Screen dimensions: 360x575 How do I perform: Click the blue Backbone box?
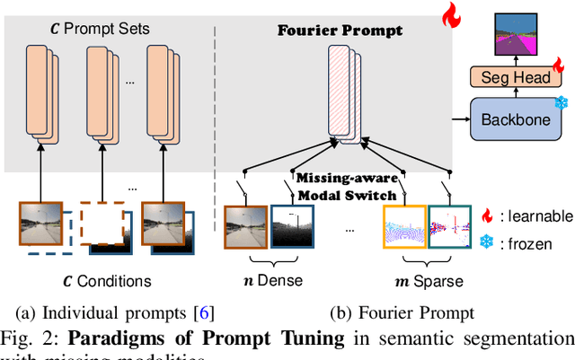(516, 119)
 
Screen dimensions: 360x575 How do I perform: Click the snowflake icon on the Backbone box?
(562, 102)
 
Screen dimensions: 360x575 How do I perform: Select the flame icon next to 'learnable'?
(486, 215)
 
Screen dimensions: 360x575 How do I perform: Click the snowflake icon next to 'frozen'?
(486, 243)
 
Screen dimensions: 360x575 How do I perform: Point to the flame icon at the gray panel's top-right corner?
(448, 13)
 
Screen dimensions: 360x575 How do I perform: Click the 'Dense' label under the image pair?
(274, 280)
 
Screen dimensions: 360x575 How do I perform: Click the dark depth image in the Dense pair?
(292, 232)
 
